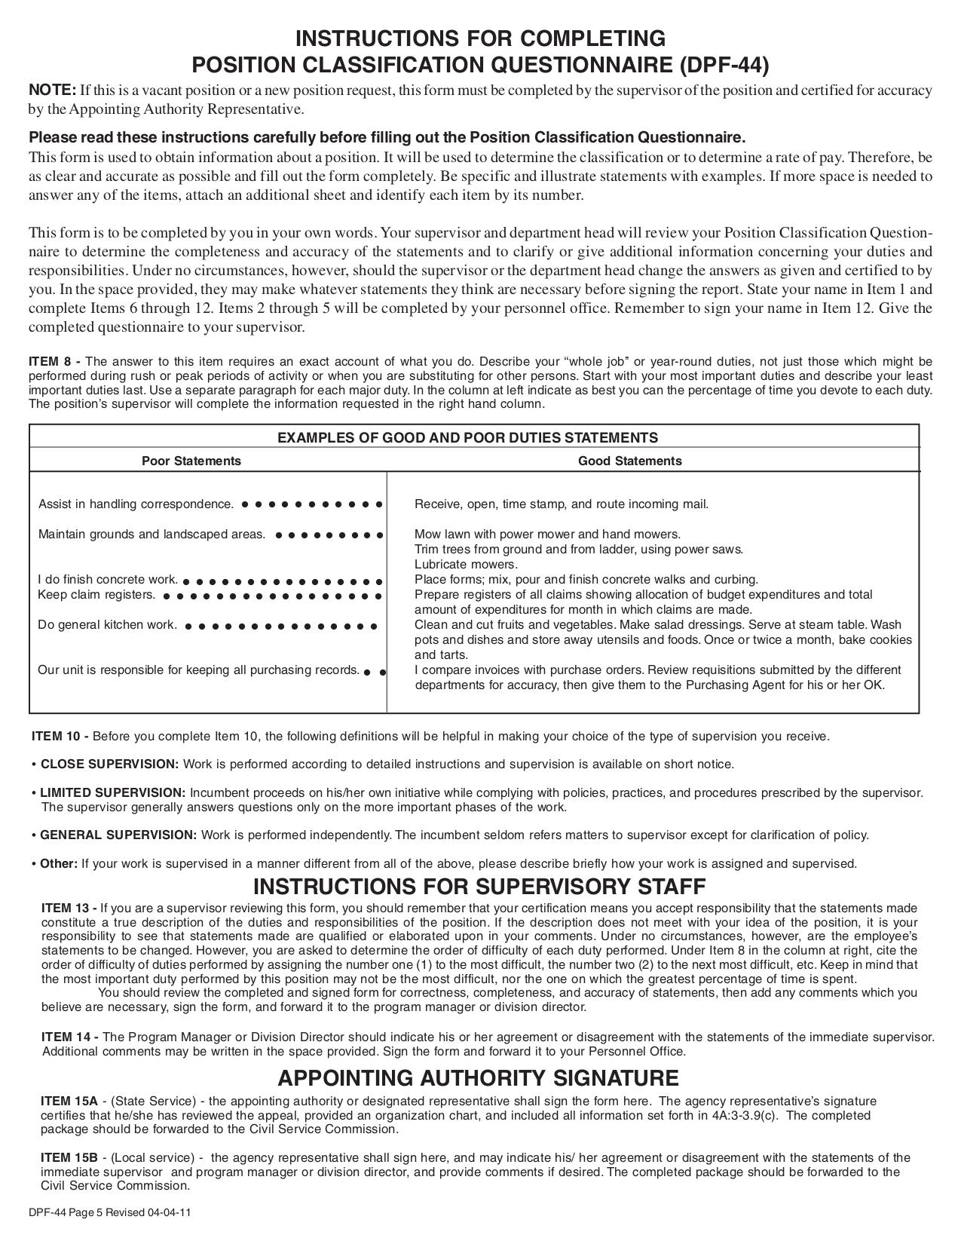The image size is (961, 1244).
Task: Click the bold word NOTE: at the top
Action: coord(52,90)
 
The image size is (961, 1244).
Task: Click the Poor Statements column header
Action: coord(191,461)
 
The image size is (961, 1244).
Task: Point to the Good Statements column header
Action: coord(629,461)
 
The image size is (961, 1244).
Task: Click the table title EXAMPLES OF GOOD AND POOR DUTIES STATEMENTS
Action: coord(467,437)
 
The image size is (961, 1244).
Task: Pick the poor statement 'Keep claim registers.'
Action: coord(96,595)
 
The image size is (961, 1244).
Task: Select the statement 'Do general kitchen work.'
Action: coord(108,625)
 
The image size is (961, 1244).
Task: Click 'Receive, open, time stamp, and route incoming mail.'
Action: coord(562,504)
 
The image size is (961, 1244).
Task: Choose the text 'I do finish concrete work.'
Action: coord(108,580)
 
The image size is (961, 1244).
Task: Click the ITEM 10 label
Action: coord(60,736)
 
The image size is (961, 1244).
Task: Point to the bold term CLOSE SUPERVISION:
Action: coord(109,764)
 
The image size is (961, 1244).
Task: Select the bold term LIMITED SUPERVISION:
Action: coord(112,792)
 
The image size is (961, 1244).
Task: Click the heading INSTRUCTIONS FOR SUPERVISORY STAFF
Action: coord(479,886)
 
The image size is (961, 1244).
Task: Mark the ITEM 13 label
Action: coord(69,908)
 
